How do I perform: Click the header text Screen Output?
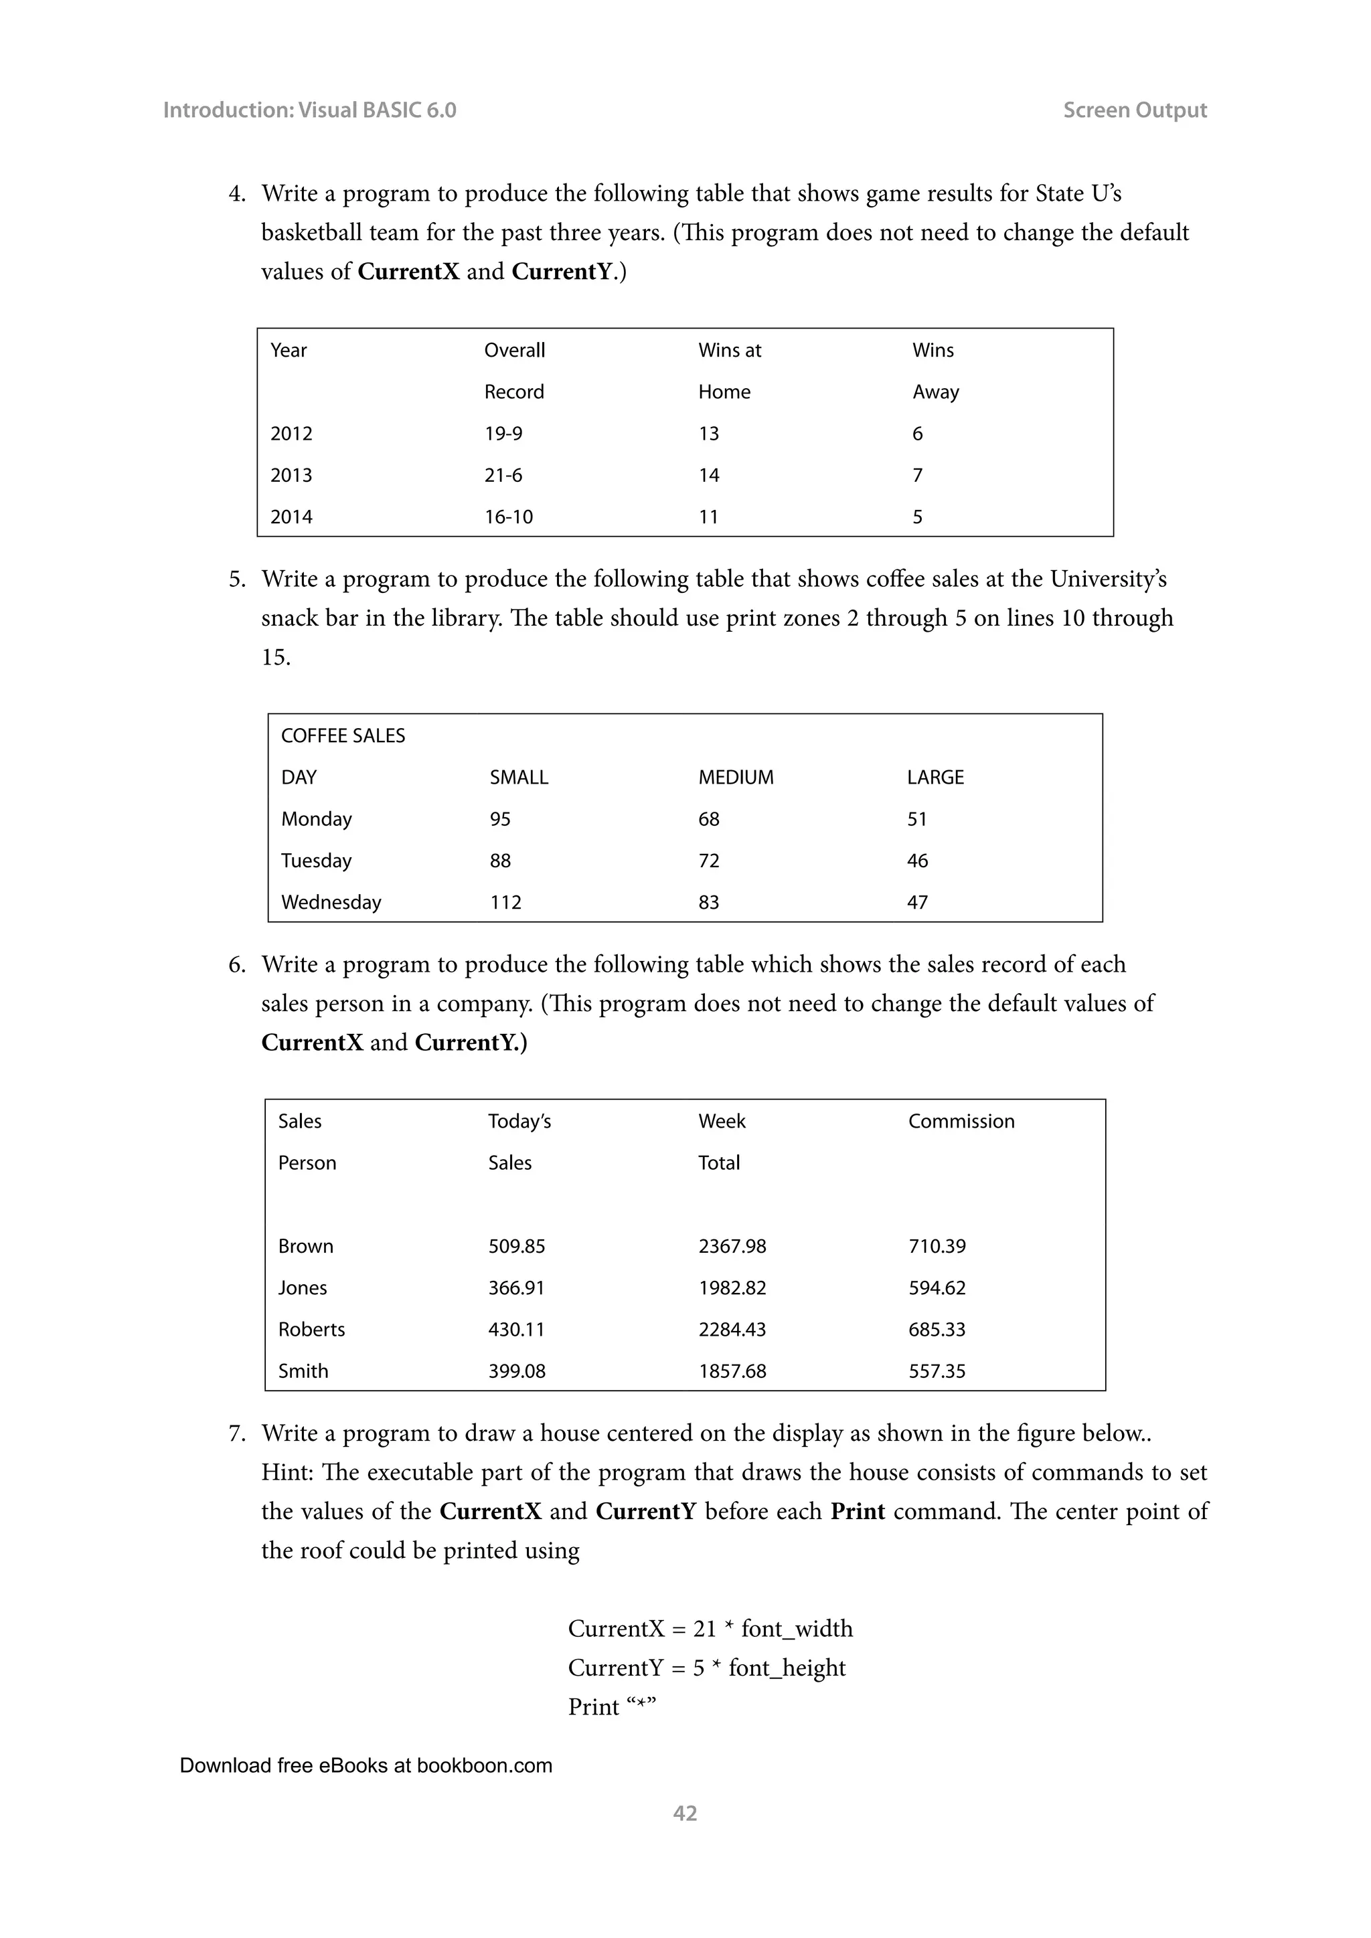(1134, 110)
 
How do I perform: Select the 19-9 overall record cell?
(503, 434)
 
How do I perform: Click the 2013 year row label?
(291, 475)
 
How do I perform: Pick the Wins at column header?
(730, 350)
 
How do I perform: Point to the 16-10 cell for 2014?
(508, 517)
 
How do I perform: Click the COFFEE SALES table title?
(343, 736)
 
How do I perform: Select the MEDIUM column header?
(735, 778)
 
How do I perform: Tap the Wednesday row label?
(331, 902)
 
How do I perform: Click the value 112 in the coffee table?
(505, 902)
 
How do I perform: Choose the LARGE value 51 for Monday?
(917, 818)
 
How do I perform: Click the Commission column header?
(961, 1121)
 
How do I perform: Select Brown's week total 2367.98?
(732, 1246)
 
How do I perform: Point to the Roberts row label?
(311, 1330)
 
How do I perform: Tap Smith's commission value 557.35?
(937, 1371)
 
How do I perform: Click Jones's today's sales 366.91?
(516, 1288)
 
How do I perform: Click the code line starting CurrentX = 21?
(710, 1628)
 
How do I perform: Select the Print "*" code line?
(612, 1706)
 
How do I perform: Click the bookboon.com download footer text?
(366, 1766)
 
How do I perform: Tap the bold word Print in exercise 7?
(857, 1511)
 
